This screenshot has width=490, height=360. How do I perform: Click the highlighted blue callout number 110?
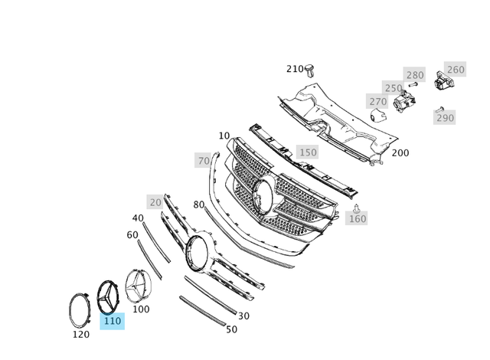click(x=112, y=321)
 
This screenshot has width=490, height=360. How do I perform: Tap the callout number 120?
click(x=80, y=334)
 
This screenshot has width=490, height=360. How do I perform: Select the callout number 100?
click(x=141, y=309)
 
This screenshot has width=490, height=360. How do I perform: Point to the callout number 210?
click(x=295, y=69)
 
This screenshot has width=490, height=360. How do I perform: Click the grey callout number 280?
click(x=414, y=75)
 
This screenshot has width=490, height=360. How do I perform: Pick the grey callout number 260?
click(x=455, y=70)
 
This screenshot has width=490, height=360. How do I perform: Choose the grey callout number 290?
click(x=445, y=118)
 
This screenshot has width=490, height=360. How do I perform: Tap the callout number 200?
click(x=400, y=153)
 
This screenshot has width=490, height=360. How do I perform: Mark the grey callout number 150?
click(x=307, y=152)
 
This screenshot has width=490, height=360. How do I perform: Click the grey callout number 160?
click(x=357, y=219)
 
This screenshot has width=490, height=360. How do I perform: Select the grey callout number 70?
click(x=204, y=161)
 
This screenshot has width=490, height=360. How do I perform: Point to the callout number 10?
click(x=224, y=136)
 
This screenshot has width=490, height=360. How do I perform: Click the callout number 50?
click(x=231, y=329)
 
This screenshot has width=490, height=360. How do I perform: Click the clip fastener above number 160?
click(x=357, y=208)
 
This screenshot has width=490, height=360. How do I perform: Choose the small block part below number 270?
click(x=377, y=115)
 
